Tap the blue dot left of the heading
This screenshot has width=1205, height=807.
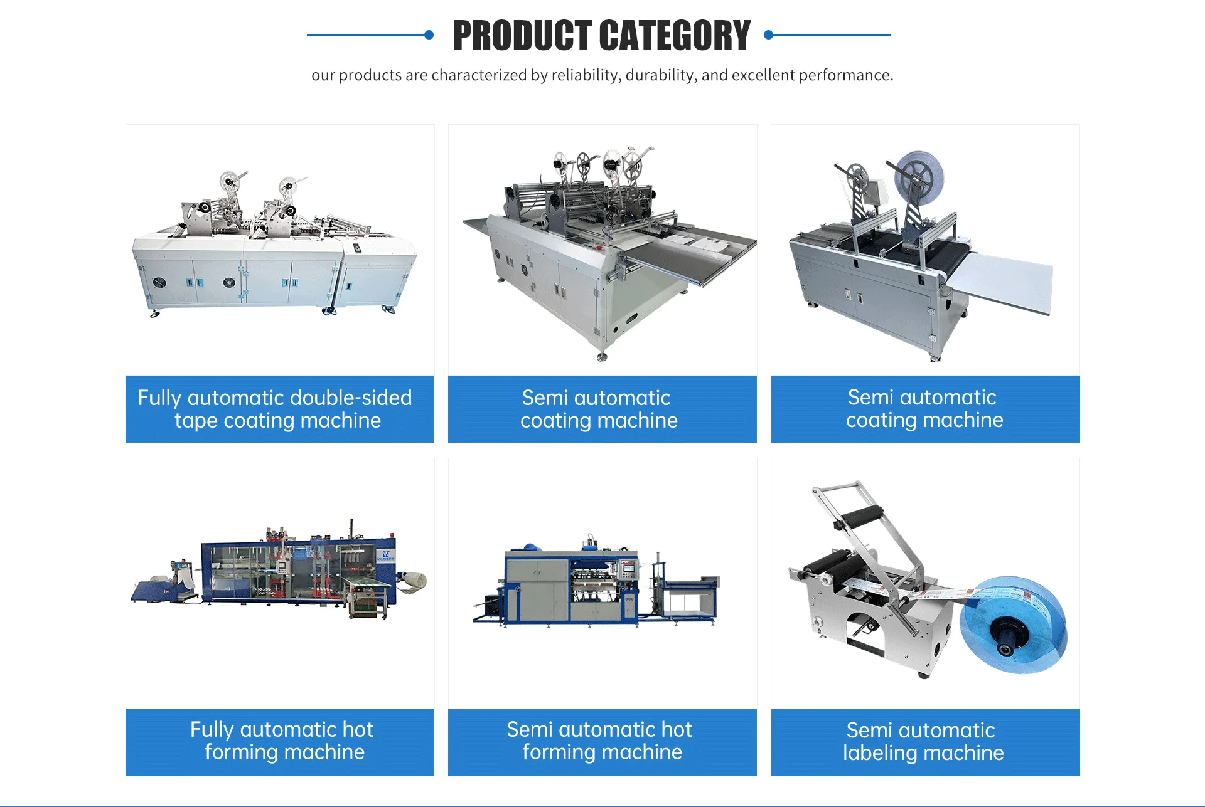click(x=429, y=35)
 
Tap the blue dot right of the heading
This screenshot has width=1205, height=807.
click(x=768, y=35)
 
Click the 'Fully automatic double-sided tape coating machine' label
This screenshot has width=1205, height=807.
click(x=279, y=409)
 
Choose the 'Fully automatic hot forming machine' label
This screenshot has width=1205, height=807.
click(x=279, y=741)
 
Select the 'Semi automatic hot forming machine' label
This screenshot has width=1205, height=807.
click(x=602, y=741)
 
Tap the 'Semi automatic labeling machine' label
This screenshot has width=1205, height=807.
click(x=924, y=742)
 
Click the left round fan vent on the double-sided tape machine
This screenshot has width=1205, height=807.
click(x=160, y=282)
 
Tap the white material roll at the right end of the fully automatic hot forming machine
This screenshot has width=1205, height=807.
click(x=415, y=581)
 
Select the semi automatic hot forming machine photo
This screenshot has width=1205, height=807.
click(x=596, y=583)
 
